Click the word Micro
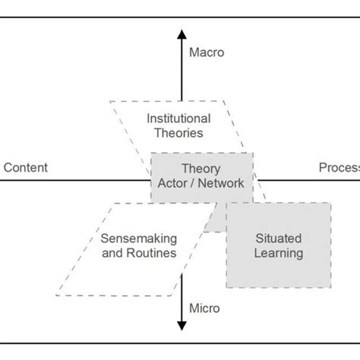pos(204,308)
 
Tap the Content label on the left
pos(26,168)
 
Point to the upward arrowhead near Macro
pos(181,34)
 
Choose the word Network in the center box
pos(223,182)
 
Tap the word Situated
pos(279,238)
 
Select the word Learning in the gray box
pos(279,253)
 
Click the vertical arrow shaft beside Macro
pos(181,68)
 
